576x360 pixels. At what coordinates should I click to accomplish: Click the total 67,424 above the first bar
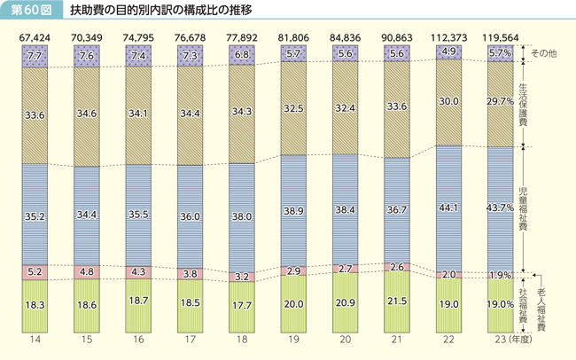[x=36, y=38]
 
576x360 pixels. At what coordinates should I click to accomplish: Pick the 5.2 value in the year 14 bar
[x=36, y=270]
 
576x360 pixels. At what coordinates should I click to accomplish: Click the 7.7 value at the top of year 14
[x=36, y=56]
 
